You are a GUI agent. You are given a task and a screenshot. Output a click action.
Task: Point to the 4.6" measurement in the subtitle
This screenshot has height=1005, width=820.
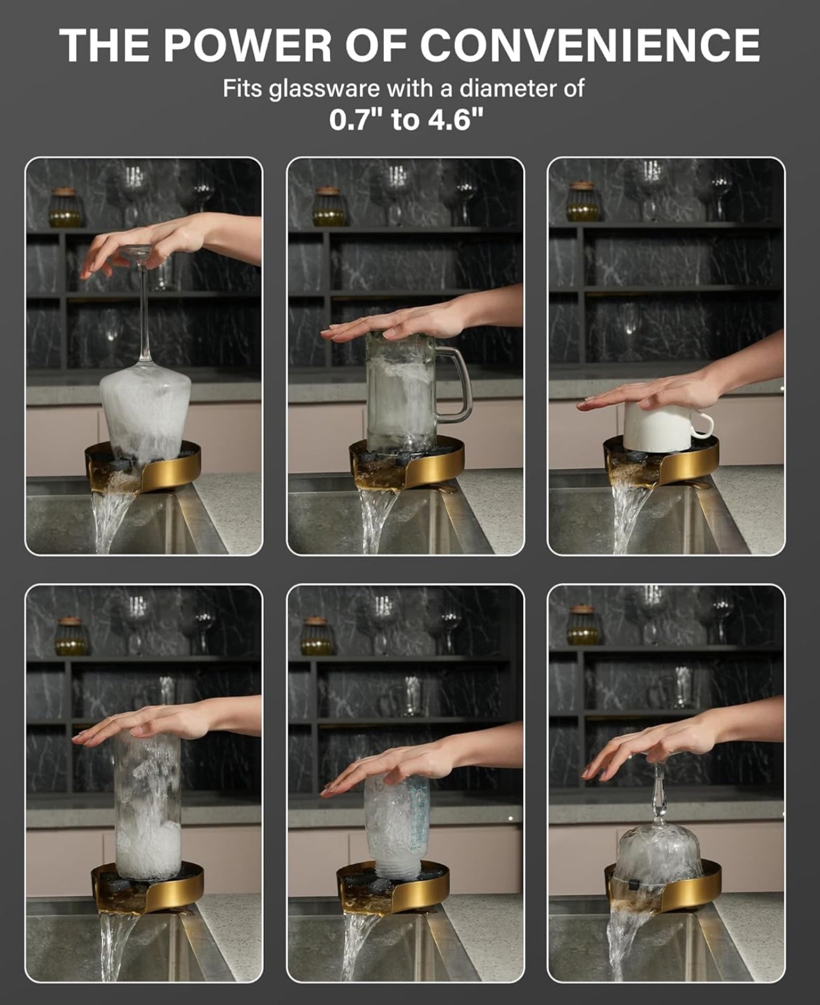pos(455,119)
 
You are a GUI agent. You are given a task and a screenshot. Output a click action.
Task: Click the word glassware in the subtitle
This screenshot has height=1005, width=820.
pos(325,88)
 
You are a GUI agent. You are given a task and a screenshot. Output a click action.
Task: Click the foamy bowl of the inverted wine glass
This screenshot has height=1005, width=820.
pos(145,413)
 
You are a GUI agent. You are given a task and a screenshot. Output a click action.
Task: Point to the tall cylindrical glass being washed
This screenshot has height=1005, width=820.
pos(147,807)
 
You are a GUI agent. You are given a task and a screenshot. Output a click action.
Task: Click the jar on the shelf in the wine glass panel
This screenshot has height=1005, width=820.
pos(67,208)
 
